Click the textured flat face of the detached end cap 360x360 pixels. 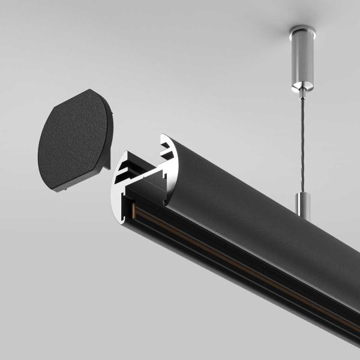coord(72,141)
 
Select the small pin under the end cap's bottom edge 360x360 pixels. coord(60,190)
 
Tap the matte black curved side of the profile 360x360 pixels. coord(252,198)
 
